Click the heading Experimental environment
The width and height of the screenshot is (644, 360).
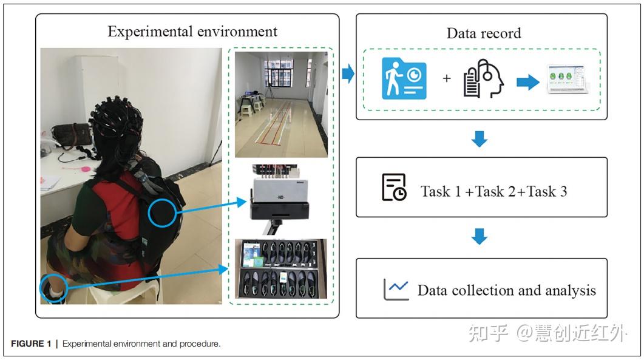coord(192,32)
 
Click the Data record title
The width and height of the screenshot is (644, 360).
coord(484,33)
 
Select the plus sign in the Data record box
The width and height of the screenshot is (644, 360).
coord(447,78)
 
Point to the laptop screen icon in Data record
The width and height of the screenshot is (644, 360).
coord(567,80)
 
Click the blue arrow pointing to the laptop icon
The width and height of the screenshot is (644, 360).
coord(527,82)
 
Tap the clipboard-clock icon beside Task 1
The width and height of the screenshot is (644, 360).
coord(394,187)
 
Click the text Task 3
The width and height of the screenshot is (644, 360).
coord(547,191)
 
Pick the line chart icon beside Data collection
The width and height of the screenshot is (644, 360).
coord(396,290)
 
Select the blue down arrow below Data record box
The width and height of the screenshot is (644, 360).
coord(480,138)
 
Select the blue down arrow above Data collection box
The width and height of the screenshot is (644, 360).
coord(480,237)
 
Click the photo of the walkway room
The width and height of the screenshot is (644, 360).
coord(281,104)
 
